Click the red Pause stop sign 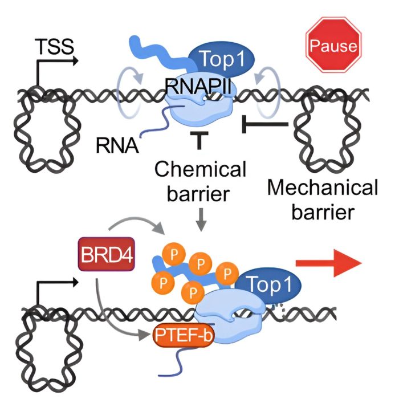[333, 45]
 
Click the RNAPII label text [198, 87]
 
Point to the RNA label [117, 145]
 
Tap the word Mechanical [323, 188]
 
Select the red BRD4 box [107, 254]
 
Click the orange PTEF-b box [183, 335]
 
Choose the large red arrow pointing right [329, 263]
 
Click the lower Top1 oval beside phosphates [268, 284]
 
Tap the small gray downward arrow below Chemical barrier [201, 219]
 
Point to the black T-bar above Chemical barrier [199, 140]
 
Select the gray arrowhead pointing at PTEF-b [142, 335]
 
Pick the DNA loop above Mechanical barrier [328, 130]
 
